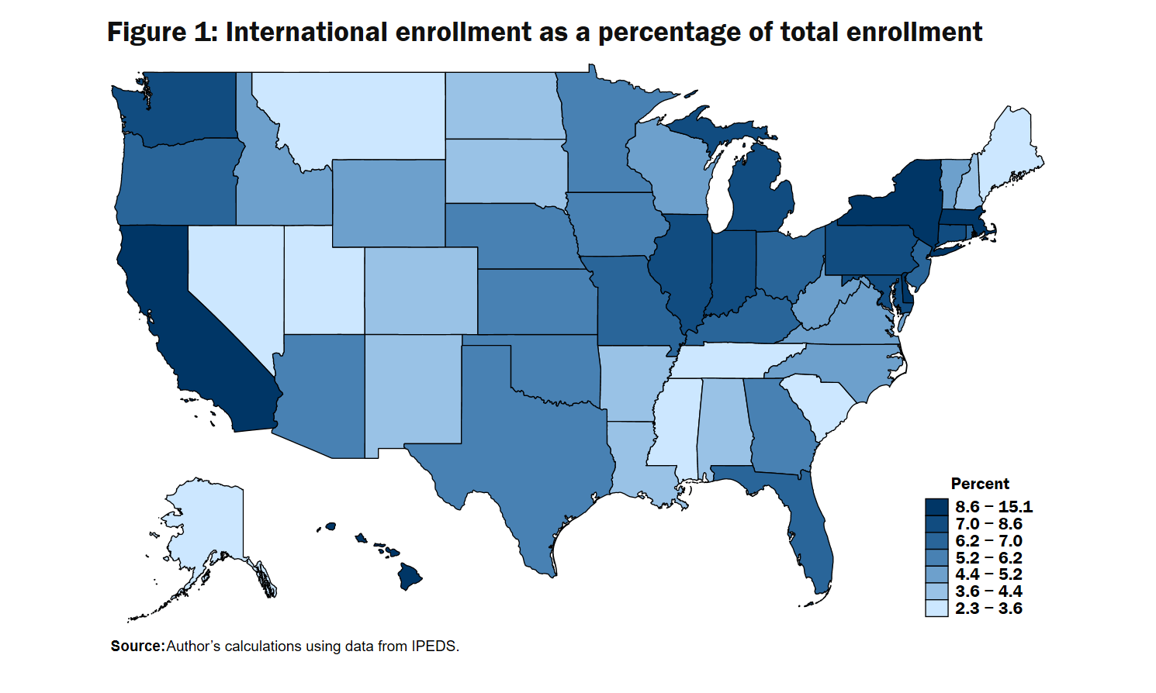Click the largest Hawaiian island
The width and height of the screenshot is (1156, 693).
pos(410,577)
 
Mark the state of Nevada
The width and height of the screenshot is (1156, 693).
pos(233,279)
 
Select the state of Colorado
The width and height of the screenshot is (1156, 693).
pos(421,291)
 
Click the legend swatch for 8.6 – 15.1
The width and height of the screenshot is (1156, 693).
pos(936,507)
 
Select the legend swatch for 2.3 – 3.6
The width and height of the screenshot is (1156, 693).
pos(936,609)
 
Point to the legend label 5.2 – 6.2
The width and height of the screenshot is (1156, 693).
pos(988,558)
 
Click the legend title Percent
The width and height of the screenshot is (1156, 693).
pos(980,484)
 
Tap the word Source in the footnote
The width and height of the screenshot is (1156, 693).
pos(137,646)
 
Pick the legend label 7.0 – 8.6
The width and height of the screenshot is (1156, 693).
pos(988,524)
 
